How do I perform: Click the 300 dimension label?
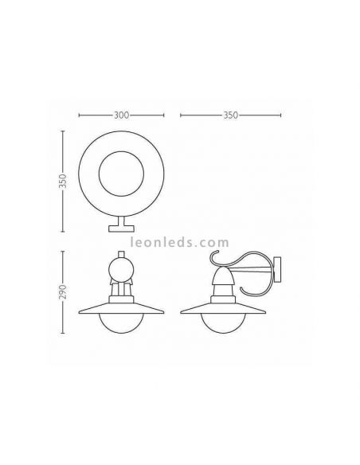pos(122,115)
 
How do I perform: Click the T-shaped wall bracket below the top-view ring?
pos(123,227)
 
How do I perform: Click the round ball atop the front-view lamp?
pos(123,262)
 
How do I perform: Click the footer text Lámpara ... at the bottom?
pos(180,455)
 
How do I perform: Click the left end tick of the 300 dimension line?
pos(79,115)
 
